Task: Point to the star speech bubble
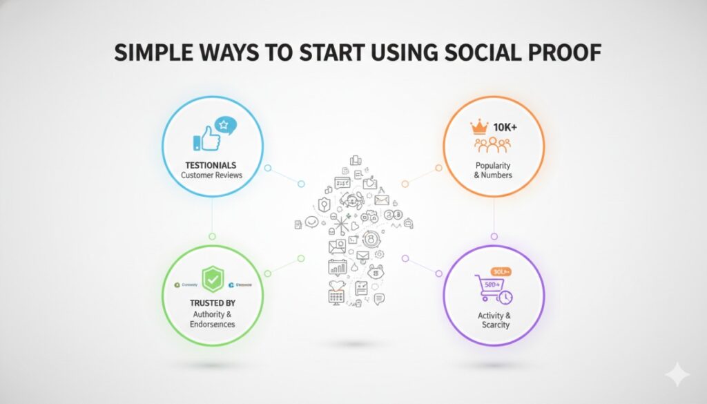point(225,126)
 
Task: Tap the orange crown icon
point(478,126)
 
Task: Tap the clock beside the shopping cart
point(505,297)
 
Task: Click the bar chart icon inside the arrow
point(339,267)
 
